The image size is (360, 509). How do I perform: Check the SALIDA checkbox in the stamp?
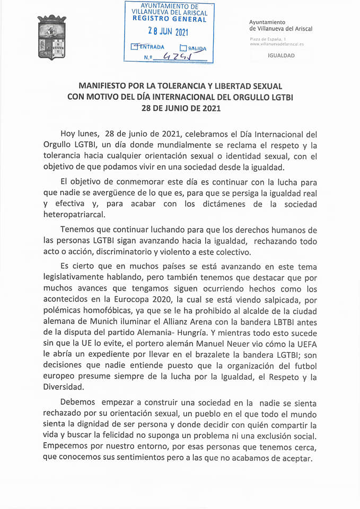[183, 47]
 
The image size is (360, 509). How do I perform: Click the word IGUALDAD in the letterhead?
[282, 55]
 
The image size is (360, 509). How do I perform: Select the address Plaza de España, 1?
[268, 40]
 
